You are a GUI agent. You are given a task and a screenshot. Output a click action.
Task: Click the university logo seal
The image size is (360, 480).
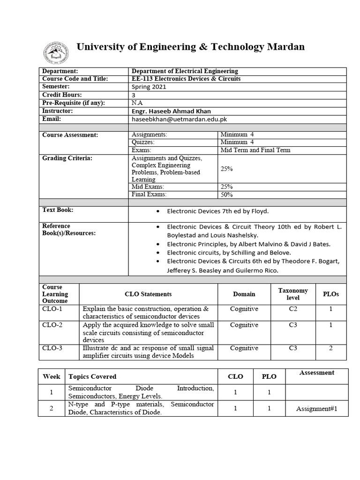[x=56, y=52]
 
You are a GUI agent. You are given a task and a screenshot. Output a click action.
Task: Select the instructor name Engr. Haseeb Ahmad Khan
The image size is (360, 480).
[x=171, y=111]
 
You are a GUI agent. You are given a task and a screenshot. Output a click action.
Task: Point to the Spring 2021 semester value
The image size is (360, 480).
[x=149, y=87]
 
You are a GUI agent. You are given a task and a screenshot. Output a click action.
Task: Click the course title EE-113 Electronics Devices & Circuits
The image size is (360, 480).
[x=186, y=79]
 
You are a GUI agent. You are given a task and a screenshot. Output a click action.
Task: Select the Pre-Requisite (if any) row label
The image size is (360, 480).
[x=74, y=103]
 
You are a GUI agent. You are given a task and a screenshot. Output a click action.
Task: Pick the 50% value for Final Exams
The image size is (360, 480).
[x=227, y=195]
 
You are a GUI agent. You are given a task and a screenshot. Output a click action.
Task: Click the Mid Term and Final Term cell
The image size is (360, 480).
[x=255, y=150]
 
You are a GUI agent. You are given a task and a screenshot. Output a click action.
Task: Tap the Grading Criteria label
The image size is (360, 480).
[x=67, y=158]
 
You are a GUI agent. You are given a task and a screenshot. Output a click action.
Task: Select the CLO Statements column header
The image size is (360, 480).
[x=148, y=294]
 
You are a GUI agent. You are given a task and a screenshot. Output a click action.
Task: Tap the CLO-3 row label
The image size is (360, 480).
[x=52, y=348]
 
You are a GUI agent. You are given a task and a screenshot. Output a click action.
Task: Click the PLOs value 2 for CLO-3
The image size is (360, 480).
[x=330, y=348]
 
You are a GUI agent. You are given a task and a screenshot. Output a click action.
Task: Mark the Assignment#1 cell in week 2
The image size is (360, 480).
[x=316, y=409]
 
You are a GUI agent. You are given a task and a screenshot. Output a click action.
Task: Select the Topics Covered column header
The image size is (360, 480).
[x=92, y=376]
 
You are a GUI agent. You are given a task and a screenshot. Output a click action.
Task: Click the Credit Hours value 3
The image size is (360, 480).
[x=134, y=95]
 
